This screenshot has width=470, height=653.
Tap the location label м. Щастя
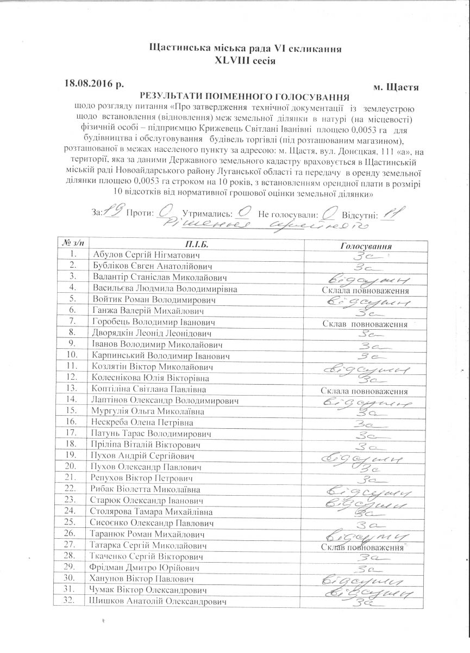coord(396,87)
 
